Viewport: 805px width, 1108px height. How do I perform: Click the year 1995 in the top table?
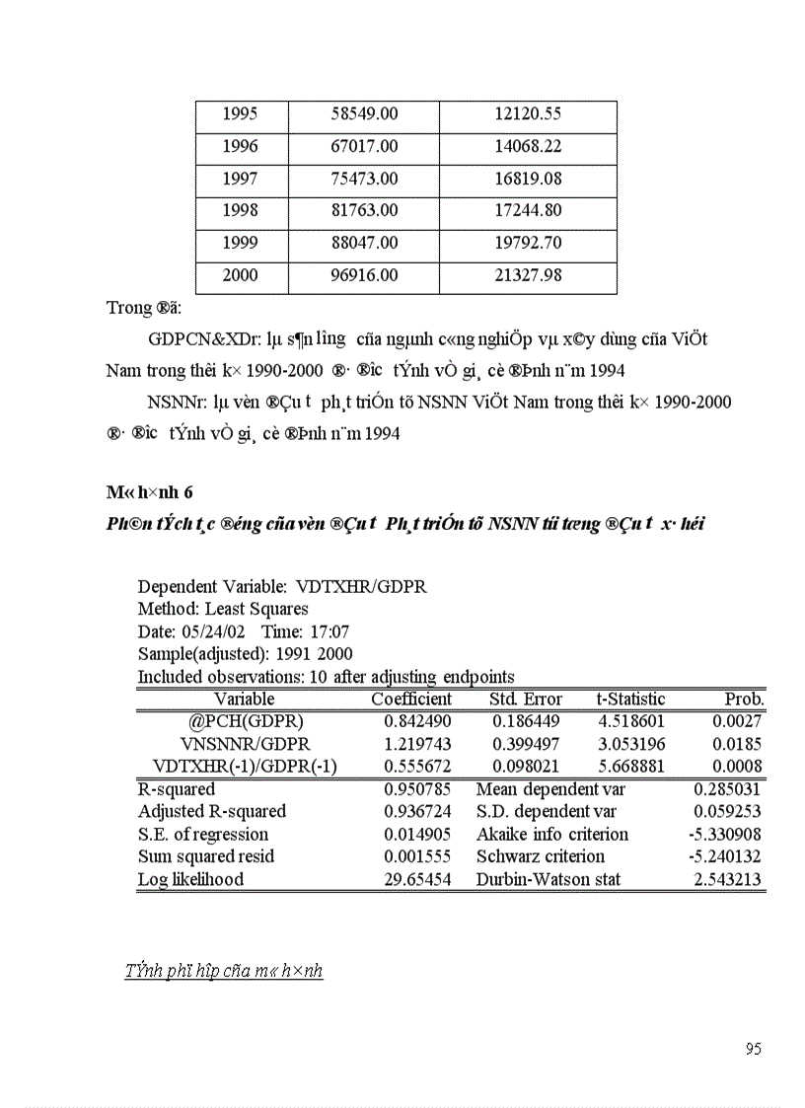(240, 114)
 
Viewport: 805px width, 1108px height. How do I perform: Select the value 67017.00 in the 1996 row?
(364, 147)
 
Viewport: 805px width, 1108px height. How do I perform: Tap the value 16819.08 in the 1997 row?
(527, 179)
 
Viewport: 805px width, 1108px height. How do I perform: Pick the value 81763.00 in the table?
(364, 211)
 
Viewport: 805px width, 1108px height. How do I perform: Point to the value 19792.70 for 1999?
(527, 244)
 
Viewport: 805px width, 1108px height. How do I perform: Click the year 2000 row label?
(240, 276)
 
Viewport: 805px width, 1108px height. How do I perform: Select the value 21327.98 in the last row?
(527, 276)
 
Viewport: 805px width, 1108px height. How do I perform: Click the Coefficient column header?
(411, 700)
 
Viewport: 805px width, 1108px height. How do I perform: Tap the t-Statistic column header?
(630, 700)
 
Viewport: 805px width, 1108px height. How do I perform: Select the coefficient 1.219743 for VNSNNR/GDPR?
(417, 744)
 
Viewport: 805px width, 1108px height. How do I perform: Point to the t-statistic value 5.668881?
(631, 767)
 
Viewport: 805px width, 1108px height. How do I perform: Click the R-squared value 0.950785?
(417, 789)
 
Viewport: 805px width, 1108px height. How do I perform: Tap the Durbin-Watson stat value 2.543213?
(727, 879)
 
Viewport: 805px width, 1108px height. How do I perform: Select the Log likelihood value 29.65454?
(417, 879)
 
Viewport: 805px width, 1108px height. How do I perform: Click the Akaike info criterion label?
(551, 835)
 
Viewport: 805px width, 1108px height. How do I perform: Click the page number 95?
(753, 1050)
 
